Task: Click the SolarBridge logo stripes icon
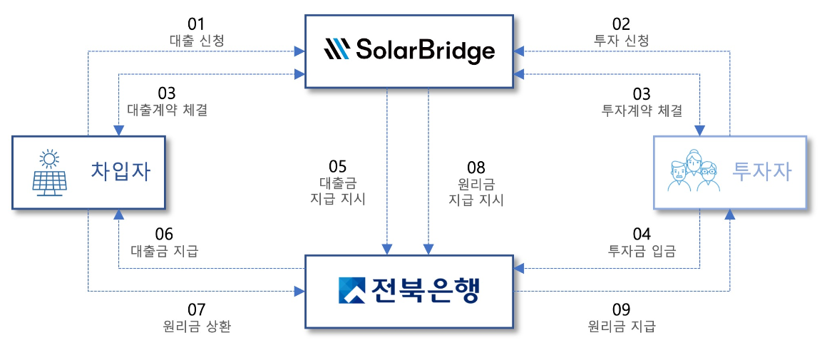[336, 50]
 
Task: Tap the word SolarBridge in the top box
[425, 51]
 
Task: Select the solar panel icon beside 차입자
[50, 173]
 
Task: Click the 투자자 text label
[761, 172]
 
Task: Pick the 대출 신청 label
[197, 41]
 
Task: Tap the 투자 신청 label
[621, 41]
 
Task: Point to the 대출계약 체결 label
[167, 110]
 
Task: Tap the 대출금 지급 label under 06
[165, 251]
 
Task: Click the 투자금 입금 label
[642, 251]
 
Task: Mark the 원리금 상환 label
[197, 326]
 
